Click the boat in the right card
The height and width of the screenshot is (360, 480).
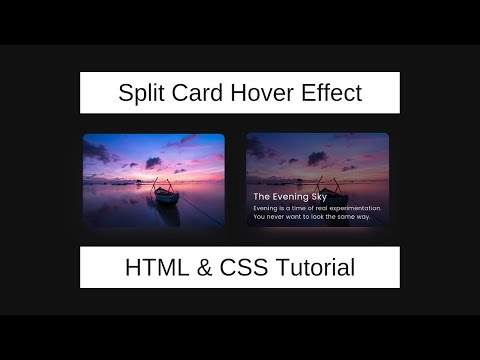[x=327, y=191]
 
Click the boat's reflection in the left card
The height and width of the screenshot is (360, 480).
[x=167, y=211]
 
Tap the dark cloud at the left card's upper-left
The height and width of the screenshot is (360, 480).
[x=97, y=152]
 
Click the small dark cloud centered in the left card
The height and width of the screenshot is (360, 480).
[x=153, y=162]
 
